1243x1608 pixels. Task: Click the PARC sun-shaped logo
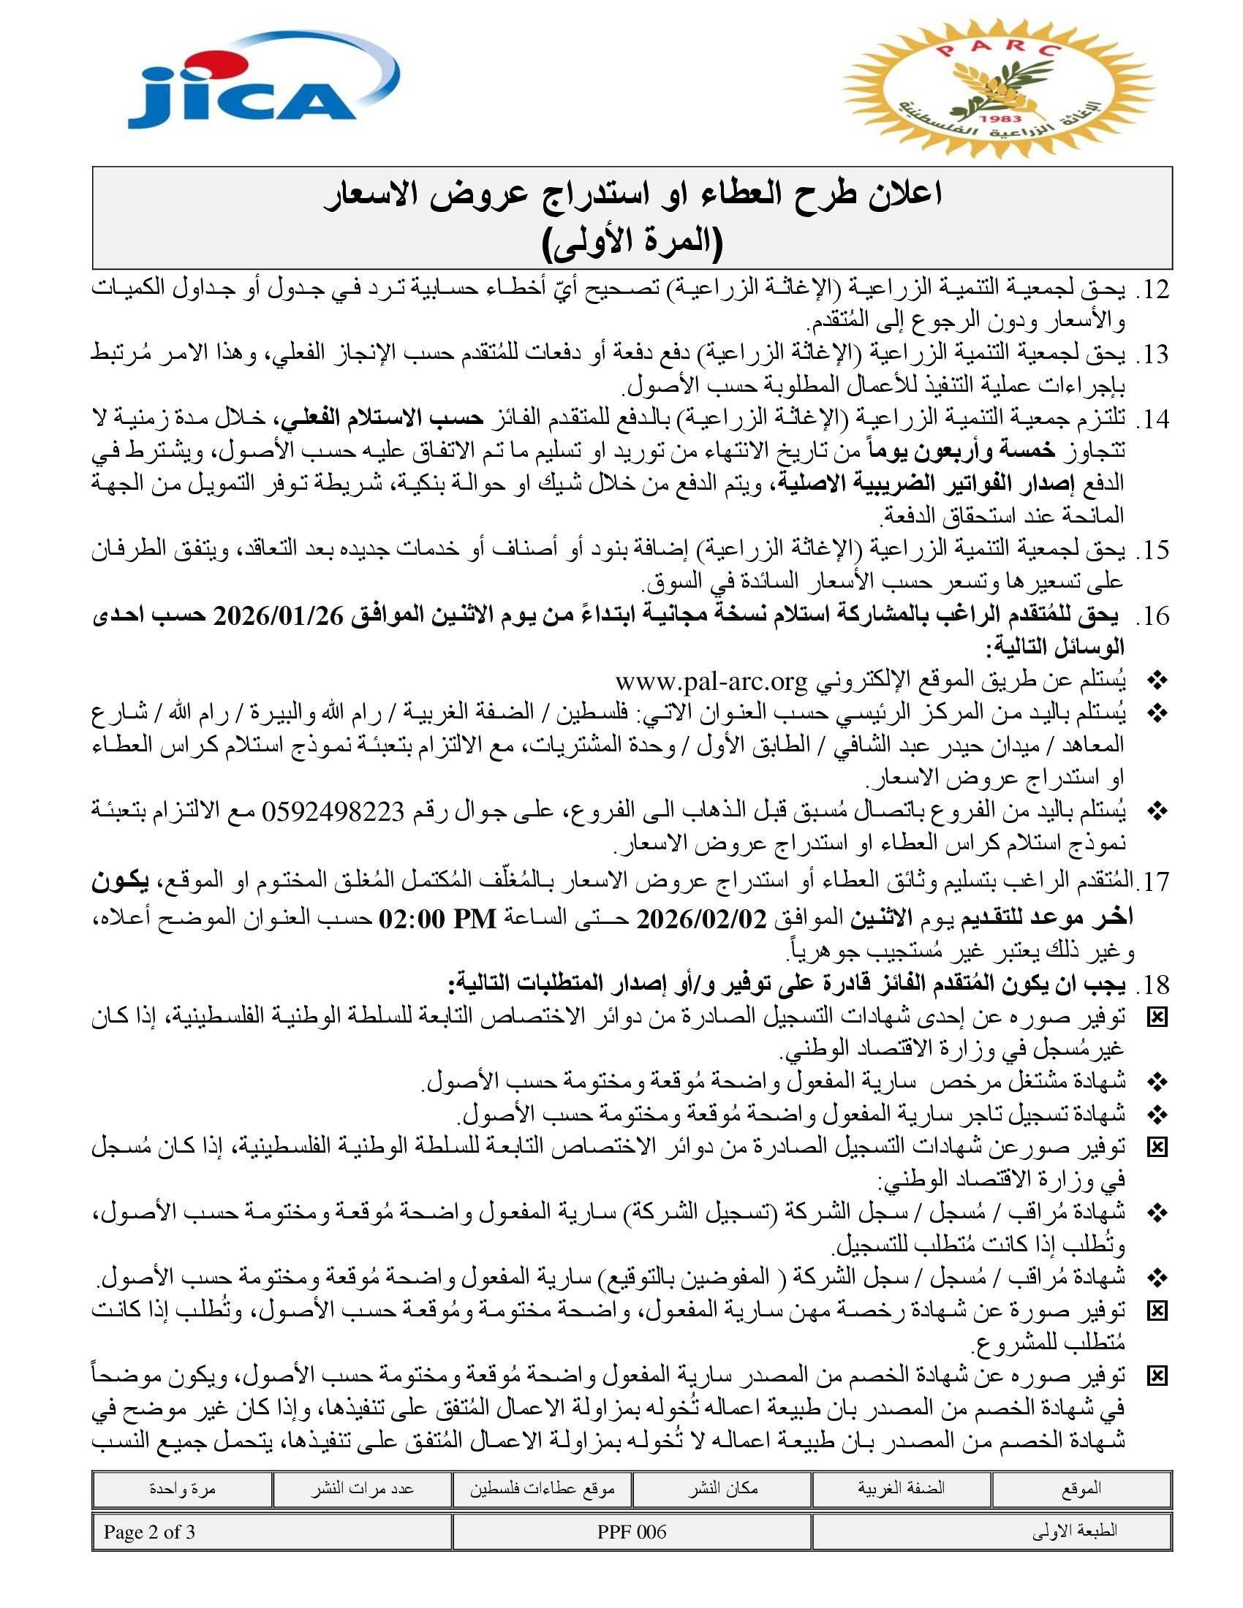(998, 88)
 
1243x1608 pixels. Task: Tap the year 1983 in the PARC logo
(1001, 118)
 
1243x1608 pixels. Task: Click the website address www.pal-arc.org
(711, 681)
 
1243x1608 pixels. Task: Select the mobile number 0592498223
(333, 811)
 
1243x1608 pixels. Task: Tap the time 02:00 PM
(437, 919)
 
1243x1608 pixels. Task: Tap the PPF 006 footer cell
(632, 1532)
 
